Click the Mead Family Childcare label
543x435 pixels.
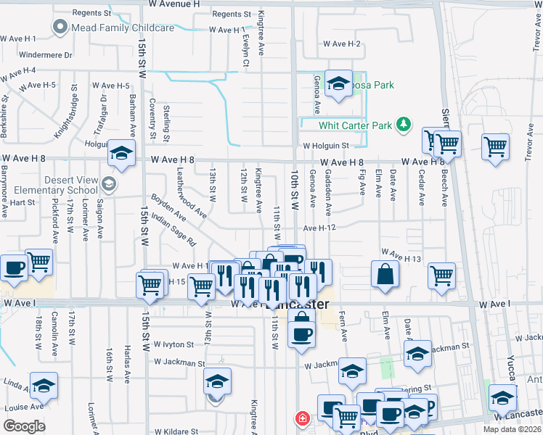coord(122,28)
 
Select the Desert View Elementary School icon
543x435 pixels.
coord(109,183)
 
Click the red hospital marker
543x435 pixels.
coord(301,418)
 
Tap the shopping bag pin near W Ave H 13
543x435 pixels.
coord(385,275)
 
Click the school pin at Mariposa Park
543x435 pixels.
coord(338,84)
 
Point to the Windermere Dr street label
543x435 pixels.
coord(46,54)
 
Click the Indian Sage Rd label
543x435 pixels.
coord(178,228)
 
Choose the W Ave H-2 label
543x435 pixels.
coord(343,44)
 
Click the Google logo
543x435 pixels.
coord(24,426)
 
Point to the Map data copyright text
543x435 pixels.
coord(512,429)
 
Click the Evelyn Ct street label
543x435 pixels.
coord(246,51)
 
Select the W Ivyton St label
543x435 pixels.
coord(173,345)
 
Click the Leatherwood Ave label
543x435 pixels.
coord(192,194)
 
